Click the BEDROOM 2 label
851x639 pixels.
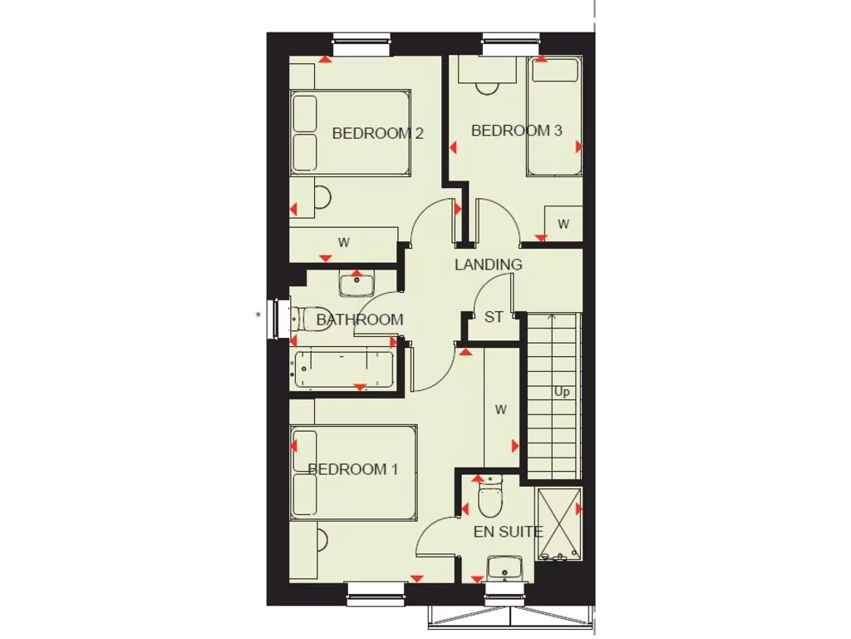[378, 133]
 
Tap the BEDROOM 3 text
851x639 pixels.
[516, 131]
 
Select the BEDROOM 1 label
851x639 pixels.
[352, 469]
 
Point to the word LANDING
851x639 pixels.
[488, 265]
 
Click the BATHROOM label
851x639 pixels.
[360, 319]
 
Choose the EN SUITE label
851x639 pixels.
[508, 532]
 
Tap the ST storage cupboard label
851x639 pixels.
[494, 317]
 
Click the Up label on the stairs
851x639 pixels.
[563, 392]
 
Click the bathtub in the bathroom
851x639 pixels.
[344, 369]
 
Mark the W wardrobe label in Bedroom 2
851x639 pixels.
[344, 243]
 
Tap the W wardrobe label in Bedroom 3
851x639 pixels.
[563, 224]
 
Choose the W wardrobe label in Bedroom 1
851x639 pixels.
[500, 409]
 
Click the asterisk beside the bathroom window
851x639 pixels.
[258, 315]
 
